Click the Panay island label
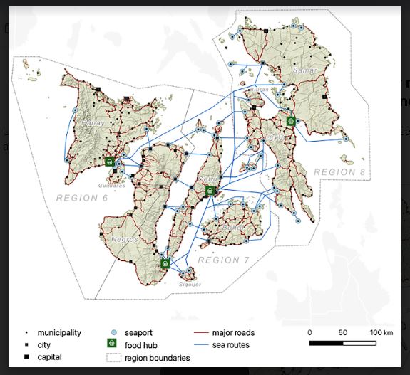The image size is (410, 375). pos(95,122)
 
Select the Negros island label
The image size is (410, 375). pos(123,239)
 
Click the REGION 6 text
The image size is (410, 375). pos(81,197)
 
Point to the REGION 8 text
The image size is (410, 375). pos(339,172)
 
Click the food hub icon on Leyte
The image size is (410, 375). pos(291,121)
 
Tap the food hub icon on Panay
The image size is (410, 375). pos(109,162)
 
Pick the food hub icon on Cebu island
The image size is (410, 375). pos(210,191)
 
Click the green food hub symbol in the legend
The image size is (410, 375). pos(112,344)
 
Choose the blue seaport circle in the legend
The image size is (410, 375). pos(112,332)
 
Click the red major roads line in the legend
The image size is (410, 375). pos(206,332)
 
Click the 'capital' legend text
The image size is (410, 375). pos(50,356)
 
